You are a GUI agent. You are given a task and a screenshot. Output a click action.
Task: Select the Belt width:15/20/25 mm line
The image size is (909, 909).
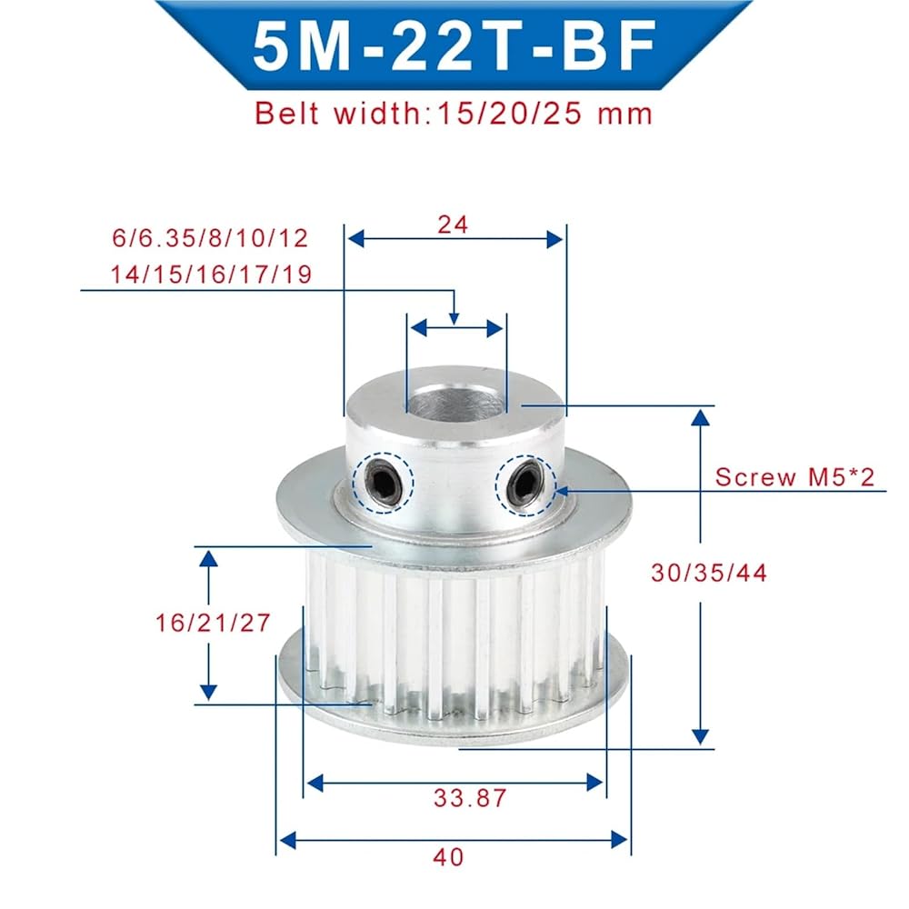454,113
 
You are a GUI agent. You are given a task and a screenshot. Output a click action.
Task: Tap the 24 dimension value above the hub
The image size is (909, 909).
453,225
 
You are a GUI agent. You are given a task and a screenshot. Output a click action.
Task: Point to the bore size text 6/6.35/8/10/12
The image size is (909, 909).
210,238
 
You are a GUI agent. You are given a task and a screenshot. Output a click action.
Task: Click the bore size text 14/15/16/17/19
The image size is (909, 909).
211,275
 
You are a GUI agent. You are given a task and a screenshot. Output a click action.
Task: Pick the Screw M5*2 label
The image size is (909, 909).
794,477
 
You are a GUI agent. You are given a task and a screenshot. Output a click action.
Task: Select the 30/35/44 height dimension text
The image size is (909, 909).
709,573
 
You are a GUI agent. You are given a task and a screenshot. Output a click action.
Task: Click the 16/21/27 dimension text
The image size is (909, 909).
213,623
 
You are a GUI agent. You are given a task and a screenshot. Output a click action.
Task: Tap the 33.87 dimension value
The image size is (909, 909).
470,798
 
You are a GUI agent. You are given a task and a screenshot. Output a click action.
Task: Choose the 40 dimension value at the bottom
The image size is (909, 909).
449,857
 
